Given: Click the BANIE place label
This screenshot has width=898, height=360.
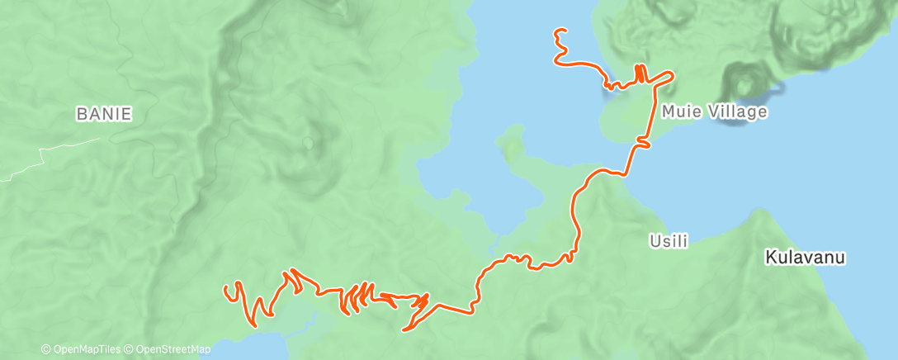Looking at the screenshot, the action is [x=103, y=114].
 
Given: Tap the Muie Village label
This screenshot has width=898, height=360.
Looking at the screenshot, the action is [x=713, y=111].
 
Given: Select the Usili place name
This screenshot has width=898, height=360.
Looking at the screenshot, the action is [x=669, y=241].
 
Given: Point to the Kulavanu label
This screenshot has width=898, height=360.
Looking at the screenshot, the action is [x=805, y=258].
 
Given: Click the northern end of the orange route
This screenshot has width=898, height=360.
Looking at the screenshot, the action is [x=560, y=31].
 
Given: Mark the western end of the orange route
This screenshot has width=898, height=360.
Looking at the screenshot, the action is [x=226, y=288].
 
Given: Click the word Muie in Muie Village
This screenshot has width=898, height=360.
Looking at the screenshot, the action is [x=678, y=111].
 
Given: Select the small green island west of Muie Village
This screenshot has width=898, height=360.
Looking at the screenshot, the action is [x=513, y=144].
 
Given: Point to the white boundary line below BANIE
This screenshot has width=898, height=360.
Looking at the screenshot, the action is [x=50, y=153].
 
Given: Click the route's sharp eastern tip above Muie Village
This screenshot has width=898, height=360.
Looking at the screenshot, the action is [x=673, y=75].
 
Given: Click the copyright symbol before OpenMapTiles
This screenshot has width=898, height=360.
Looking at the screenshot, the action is [x=46, y=349].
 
